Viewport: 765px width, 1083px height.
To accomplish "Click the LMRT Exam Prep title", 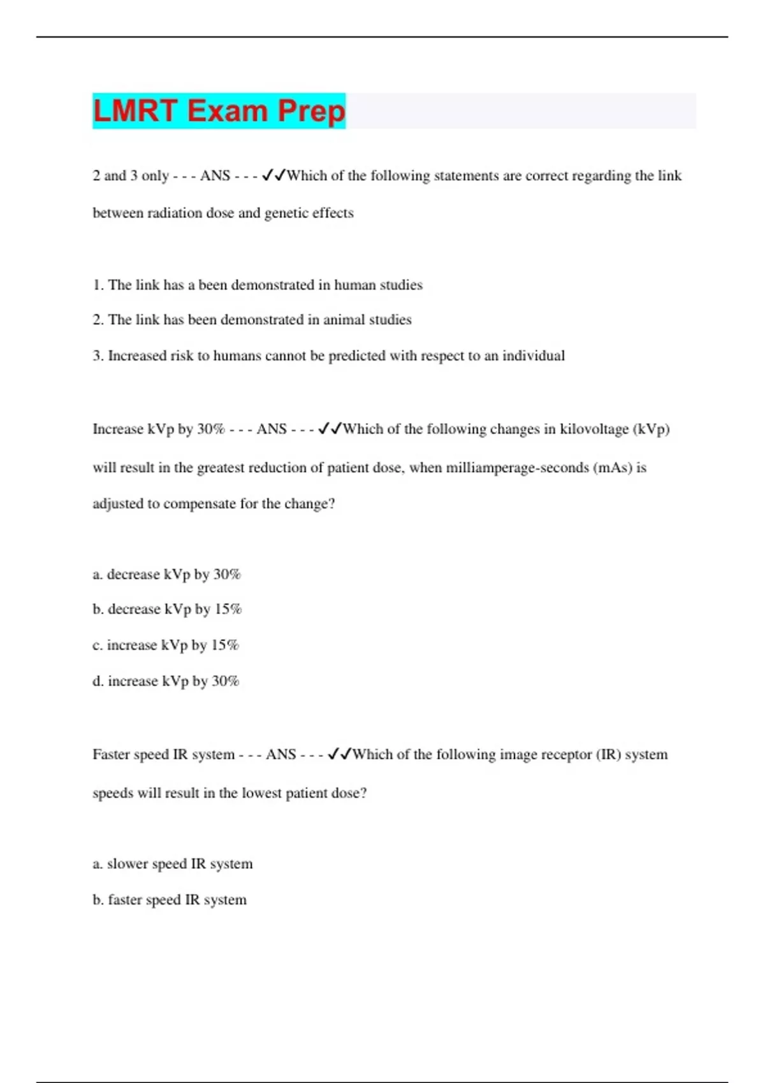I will (x=219, y=111).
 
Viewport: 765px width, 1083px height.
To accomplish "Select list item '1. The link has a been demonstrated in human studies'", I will (x=258, y=285).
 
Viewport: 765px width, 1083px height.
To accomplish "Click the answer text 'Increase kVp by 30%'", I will (x=158, y=429).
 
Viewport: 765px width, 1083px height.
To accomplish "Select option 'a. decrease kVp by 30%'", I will (x=166, y=575).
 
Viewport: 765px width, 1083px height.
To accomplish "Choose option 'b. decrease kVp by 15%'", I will (x=167, y=610).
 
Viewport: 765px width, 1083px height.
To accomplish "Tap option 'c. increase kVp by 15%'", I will (x=166, y=645).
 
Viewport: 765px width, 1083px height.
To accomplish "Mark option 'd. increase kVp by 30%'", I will (x=166, y=681).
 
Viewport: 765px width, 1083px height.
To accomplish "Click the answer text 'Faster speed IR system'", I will (x=163, y=755).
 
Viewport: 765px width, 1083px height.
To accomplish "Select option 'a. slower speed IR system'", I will (x=172, y=864).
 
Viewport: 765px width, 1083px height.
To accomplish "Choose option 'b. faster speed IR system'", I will (x=170, y=900).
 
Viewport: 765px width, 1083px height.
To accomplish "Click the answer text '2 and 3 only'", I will (x=131, y=176).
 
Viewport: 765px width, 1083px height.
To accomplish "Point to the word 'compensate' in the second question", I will (x=196, y=504).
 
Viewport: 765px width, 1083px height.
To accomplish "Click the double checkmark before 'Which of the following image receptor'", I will (x=339, y=755).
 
